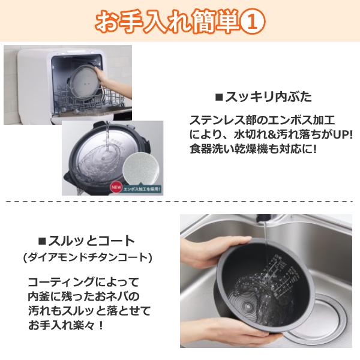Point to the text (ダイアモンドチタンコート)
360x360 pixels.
pos(87,258)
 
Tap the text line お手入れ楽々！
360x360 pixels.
pos(66,326)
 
